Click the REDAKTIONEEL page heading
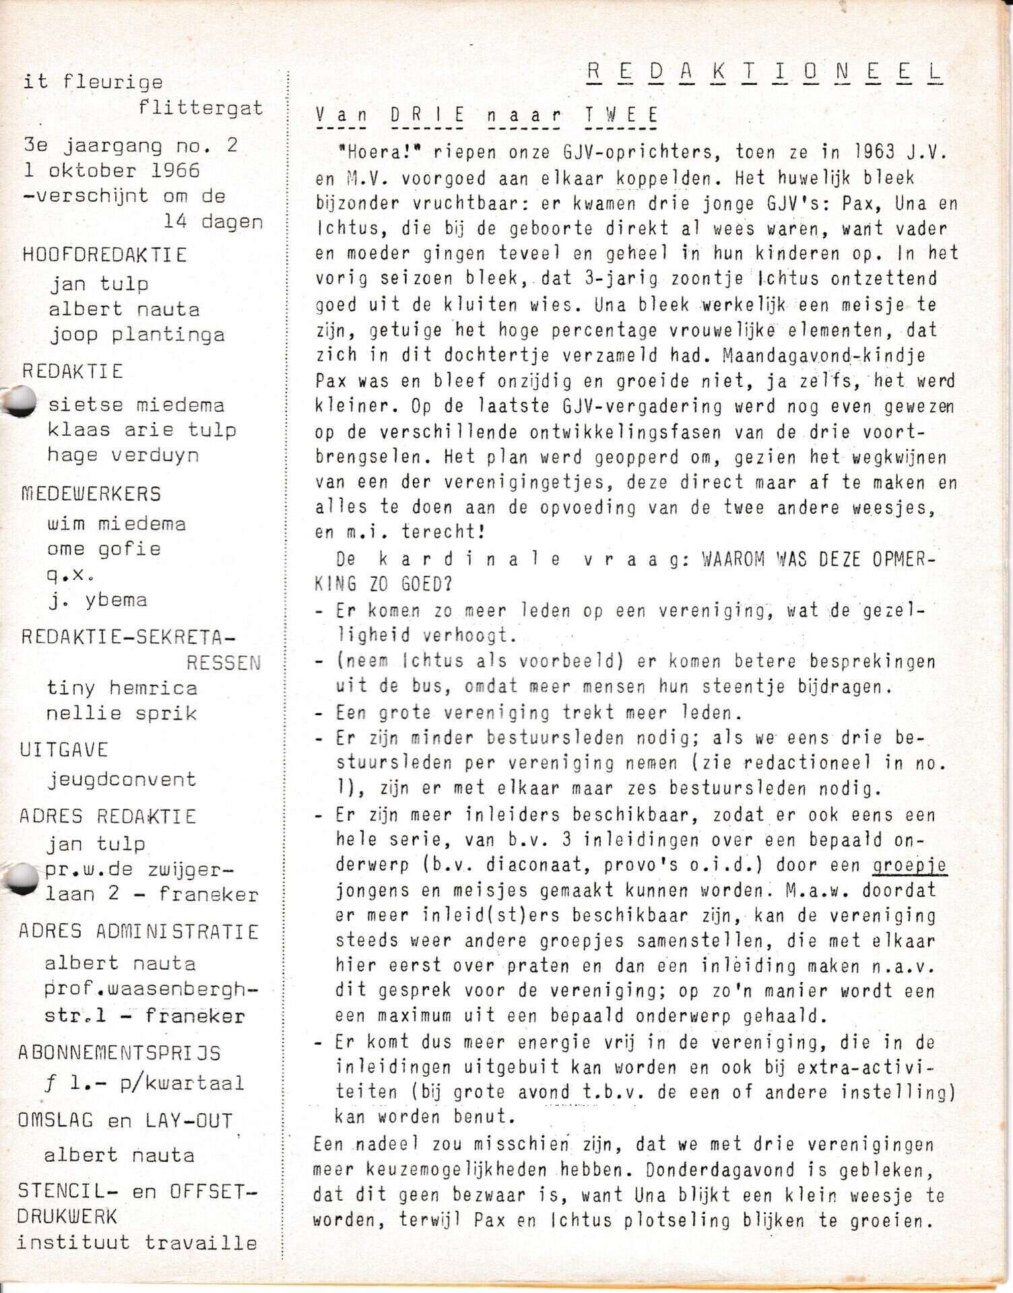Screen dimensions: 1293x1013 764,73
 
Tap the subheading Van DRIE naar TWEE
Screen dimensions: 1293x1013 486,115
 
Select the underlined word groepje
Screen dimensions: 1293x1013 910,865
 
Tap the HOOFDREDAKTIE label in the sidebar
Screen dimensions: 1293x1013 104,255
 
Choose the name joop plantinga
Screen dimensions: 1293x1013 137,335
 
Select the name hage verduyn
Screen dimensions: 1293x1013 123,455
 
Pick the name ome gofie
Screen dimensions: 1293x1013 104,549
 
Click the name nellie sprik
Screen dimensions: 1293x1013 121,713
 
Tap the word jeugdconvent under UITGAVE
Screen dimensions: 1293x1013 122,780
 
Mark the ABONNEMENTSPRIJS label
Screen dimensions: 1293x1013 119,1053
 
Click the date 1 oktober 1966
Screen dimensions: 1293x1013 112,170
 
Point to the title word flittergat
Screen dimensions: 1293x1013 201,108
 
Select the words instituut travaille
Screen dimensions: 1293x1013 137,1242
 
